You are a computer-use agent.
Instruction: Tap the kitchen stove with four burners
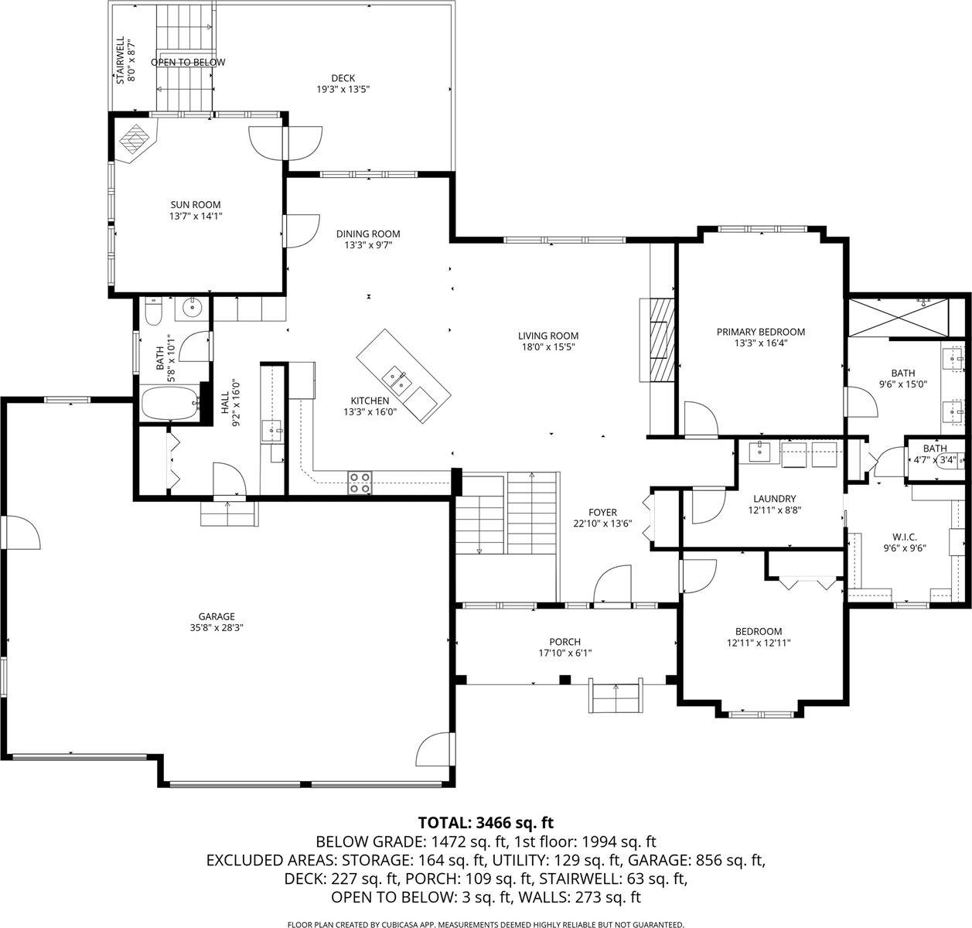pyautogui.click(x=360, y=482)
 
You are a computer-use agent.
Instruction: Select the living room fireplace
pyautogui.click(x=660, y=338)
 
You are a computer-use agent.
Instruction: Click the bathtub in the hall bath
pyautogui.click(x=169, y=404)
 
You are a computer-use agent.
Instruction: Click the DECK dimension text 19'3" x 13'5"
pyautogui.click(x=343, y=89)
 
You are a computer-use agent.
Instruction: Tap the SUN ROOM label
pyautogui.click(x=190, y=205)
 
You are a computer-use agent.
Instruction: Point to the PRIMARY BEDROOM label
pyautogui.click(x=760, y=332)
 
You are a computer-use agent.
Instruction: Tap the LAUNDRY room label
pyautogui.click(x=774, y=499)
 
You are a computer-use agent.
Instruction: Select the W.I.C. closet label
pyautogui.click(x=905, y=536)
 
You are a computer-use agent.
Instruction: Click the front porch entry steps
pyautogui.click(x=616, y=698)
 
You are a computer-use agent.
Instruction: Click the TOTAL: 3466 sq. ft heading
pyautogui.click(x=486, y=822)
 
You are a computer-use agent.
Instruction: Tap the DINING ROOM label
pyautogui.click(x=368, y=234)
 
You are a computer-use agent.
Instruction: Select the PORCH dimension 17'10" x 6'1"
pyautogui.click(x=564, y=653)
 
